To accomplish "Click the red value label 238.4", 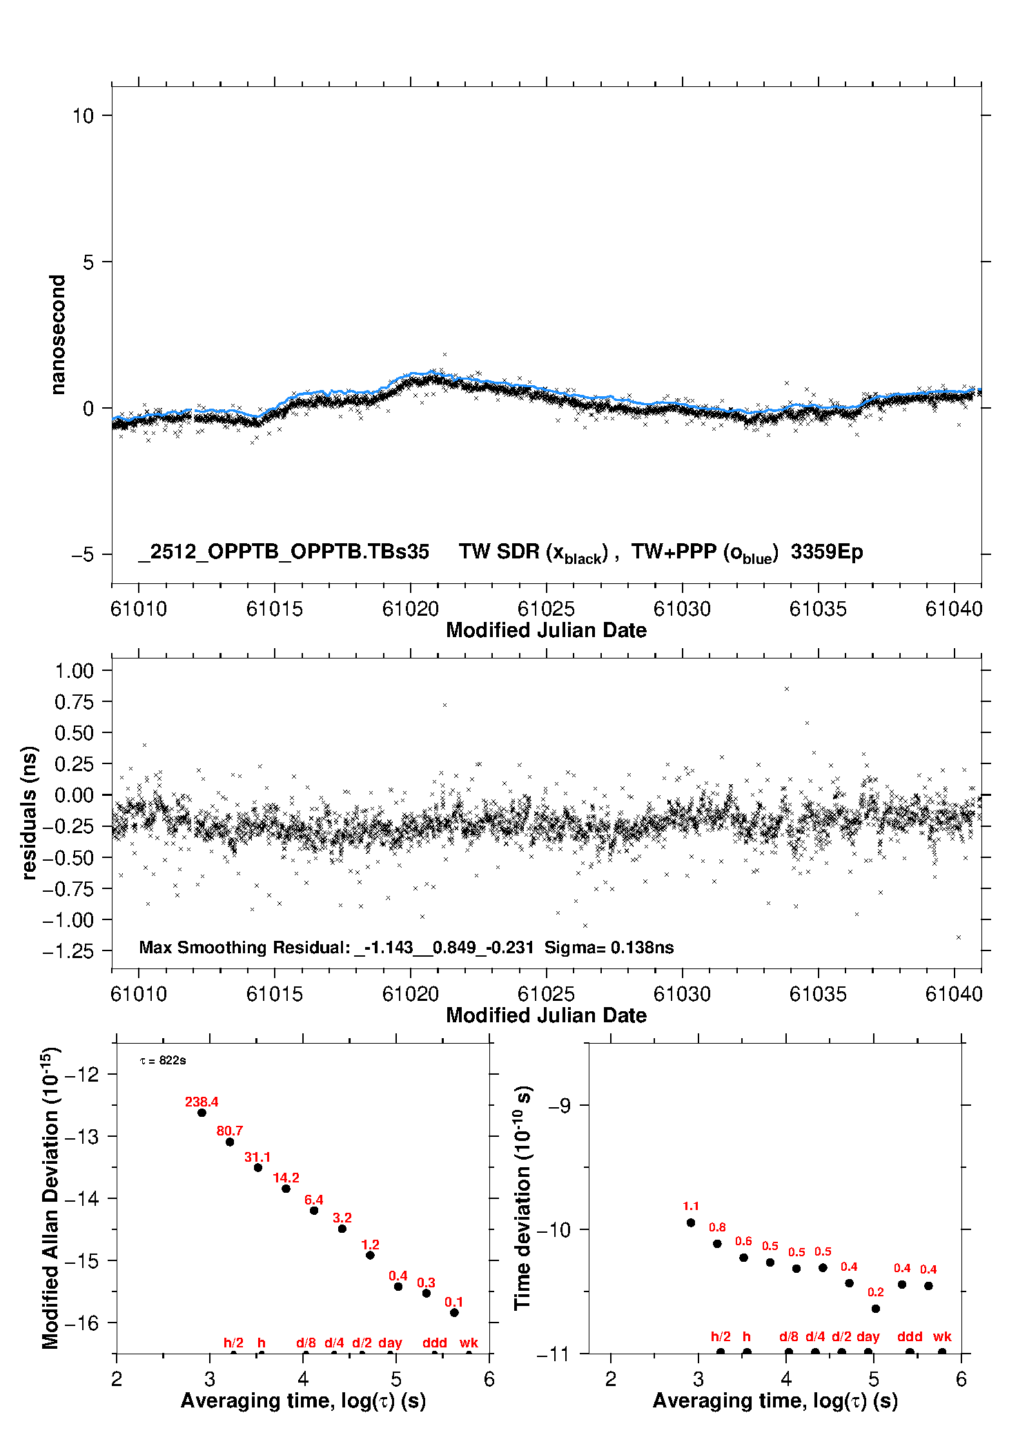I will [202, 1102].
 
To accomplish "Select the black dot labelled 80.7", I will [230, 1142].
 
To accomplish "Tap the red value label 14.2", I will [286, 1178].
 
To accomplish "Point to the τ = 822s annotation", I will [163, 1060].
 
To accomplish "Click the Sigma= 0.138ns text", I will [609, 947].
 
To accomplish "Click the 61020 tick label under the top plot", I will [410, 609].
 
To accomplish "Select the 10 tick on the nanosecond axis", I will [83, 115].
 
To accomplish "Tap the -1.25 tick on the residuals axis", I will [68, 951].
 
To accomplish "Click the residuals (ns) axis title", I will [29, 812].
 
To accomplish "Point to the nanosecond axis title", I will [57, 334].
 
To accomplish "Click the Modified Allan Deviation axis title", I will [50, 1198].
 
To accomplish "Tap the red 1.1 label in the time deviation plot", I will [691, 1206].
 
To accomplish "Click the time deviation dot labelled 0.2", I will [876, 1308].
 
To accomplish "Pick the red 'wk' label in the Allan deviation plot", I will [469, 1343].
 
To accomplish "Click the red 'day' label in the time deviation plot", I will [868, 1336].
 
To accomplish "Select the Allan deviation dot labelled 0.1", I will [454, 1312].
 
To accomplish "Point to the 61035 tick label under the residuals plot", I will [818, 994].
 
